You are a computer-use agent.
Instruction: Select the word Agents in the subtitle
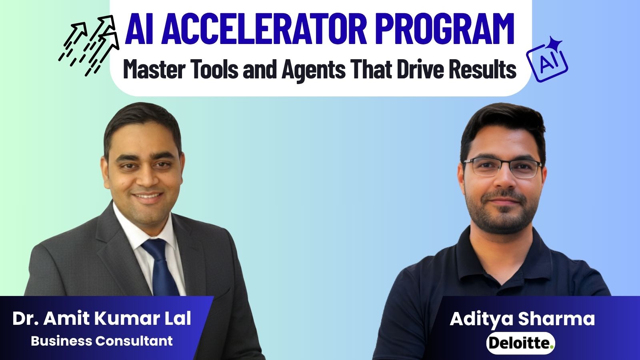click(314, 70)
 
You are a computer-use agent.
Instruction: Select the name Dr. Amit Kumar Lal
click(102, 318)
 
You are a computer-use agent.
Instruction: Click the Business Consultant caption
click(102, 341)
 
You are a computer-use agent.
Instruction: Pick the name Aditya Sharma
click(522, 319)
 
